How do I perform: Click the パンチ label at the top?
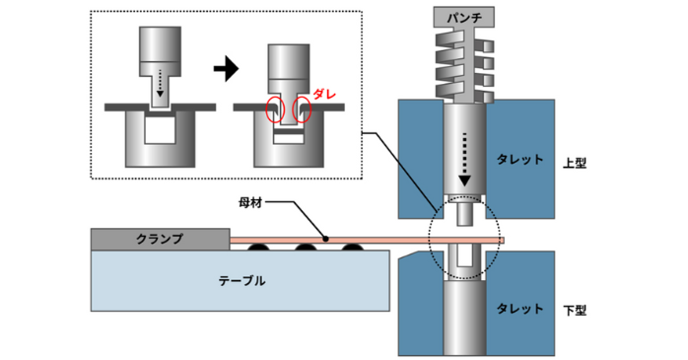point(461,17)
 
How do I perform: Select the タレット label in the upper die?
point(518,159)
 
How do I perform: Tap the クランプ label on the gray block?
point(152,239)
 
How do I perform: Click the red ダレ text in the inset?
point(326,91)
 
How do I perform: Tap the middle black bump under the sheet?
point(305,246)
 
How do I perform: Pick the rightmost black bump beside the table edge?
point(352,246)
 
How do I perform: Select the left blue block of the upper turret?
point(418,158)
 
